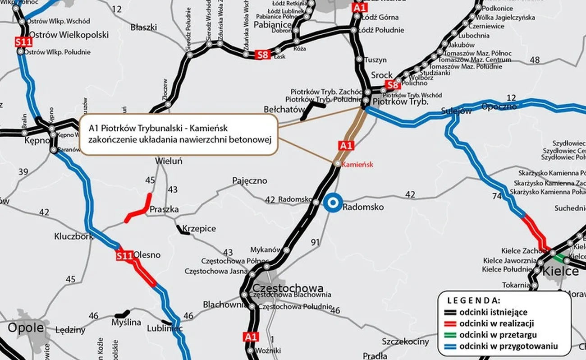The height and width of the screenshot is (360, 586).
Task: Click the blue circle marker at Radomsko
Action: [x=332, y=203]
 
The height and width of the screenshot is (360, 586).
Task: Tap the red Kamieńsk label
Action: [x=358, y=165]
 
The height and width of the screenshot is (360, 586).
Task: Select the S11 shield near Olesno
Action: [x=124, y=256]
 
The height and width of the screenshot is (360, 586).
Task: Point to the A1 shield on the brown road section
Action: [x=346, y=145]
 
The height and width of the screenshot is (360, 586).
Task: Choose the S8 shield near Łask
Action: [x=263, y=55]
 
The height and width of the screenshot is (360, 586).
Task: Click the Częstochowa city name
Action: [x=288, y=288]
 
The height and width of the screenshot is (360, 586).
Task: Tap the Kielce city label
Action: [x=561, y=271]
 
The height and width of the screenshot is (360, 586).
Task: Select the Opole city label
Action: [x=26, y=328]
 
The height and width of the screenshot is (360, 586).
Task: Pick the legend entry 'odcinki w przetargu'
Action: [x=498, y=335]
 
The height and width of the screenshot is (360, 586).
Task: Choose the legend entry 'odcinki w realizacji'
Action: [x=497, y=323]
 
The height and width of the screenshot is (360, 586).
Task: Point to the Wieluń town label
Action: [x=169, y=161]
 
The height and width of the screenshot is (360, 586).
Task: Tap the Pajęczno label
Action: [x=249, y=180]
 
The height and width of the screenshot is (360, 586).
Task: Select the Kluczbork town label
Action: [x=73, y=236]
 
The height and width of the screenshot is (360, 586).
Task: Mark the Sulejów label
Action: [x=456, y=111]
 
